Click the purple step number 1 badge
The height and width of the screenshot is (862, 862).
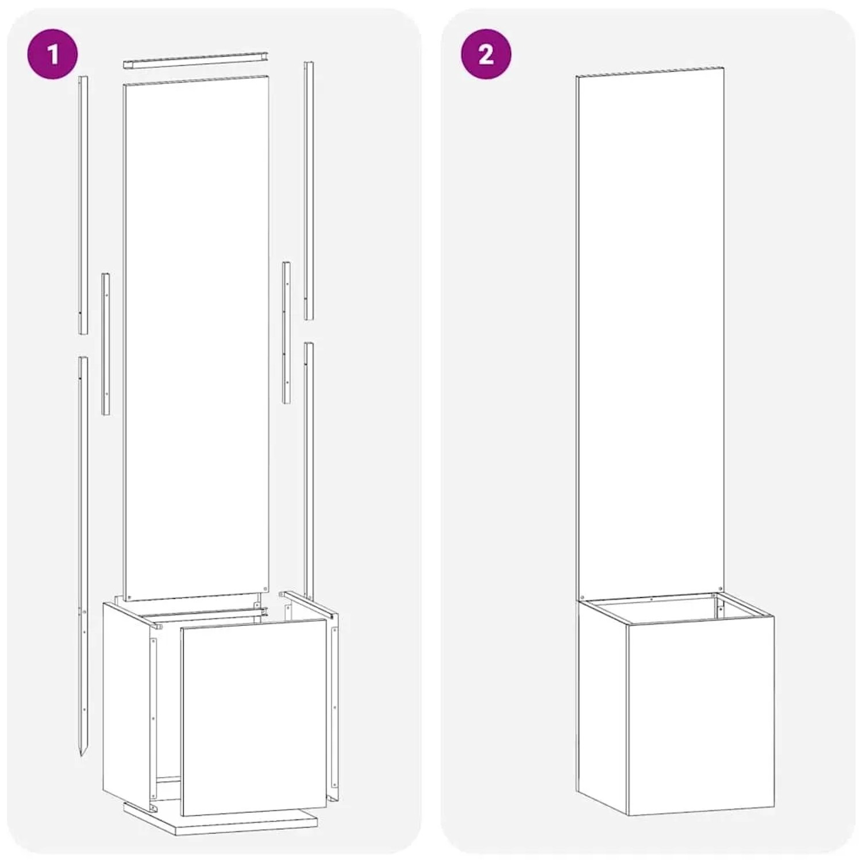tap(53, 55)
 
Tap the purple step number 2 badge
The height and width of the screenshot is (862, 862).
tap(486, 55)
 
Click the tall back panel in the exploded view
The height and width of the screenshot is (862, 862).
tap(197, 338)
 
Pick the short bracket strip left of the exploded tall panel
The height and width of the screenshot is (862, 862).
tap(106, 344)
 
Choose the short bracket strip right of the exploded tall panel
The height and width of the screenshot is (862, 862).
tap(286, 332)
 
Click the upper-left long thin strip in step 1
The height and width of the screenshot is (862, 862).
tap(83, 205)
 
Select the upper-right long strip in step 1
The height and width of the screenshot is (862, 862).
tap(309, 190)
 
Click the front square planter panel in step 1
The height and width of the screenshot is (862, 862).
tap(253, 721)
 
